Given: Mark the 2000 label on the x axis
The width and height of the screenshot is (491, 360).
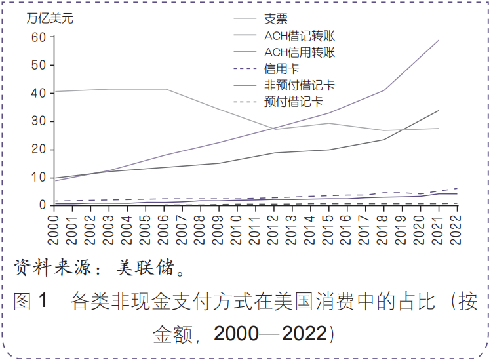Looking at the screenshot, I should click(x=55, y=227).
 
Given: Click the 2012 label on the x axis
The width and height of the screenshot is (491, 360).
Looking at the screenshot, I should click(x=275, y=227).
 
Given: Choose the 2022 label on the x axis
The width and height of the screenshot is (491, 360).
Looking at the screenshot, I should click(x=457, y=227).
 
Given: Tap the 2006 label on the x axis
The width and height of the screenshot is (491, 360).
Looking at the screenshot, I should click(x=165, y=227).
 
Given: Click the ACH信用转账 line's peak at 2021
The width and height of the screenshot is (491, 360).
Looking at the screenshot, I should click(x=439, y=40).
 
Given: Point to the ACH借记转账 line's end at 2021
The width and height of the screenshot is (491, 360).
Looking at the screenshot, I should click(x=439, y=110).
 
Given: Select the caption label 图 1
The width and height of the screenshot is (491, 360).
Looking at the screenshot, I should click(x=31, y=301).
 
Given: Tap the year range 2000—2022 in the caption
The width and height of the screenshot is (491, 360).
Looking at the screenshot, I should click(x=270, y=333).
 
